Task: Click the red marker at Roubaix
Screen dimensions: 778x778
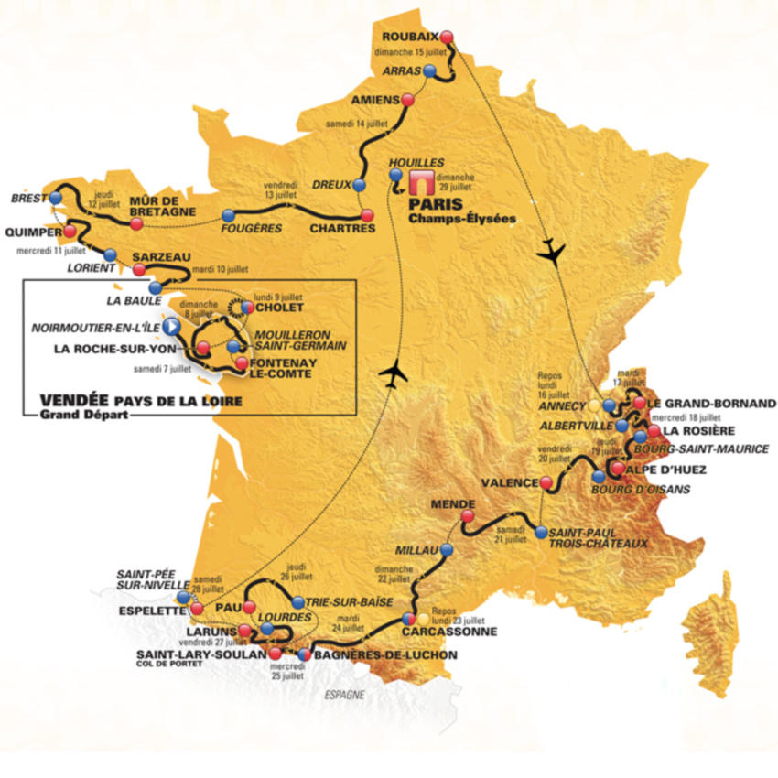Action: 447,38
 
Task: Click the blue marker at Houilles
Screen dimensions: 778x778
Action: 395,173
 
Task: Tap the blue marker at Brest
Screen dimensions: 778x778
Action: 57,197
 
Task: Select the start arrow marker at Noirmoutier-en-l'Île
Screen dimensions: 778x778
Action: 170,326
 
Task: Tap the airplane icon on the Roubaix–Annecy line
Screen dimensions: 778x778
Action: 551,251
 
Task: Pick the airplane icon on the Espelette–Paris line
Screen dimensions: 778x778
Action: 394,373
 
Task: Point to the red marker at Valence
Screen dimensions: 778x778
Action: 546,482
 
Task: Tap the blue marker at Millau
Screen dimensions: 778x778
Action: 446,551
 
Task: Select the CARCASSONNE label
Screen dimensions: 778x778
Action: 448,632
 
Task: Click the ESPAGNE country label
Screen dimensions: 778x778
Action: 344,695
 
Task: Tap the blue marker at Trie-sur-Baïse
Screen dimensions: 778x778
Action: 298,602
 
